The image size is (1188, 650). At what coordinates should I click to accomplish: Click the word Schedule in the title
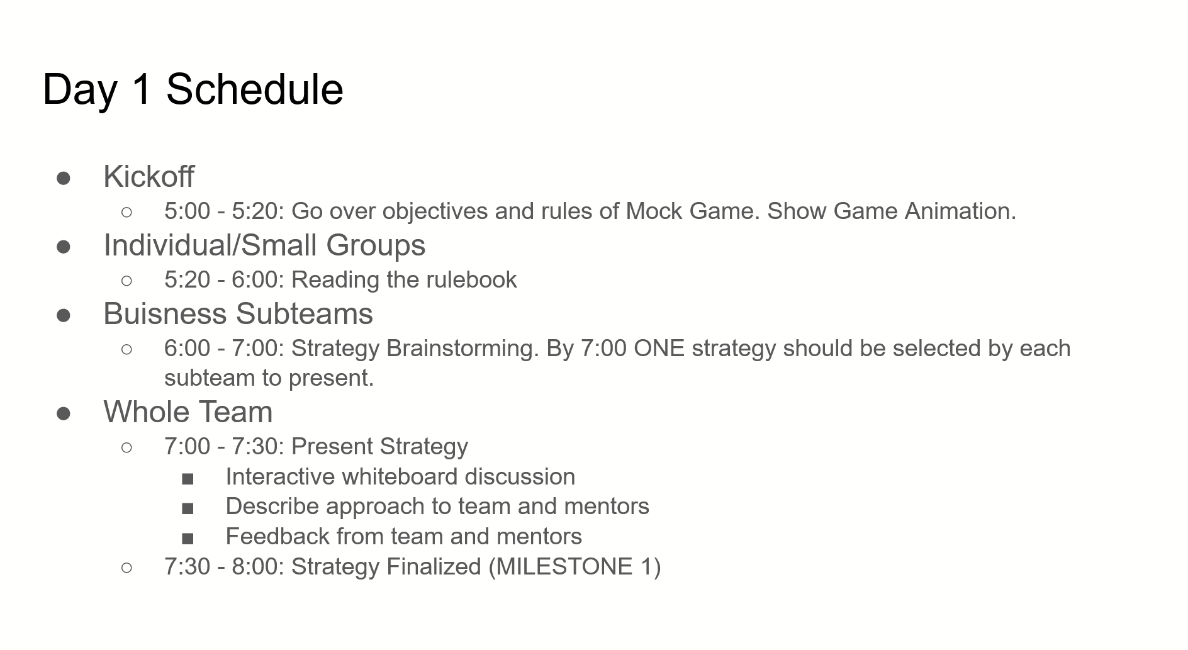click(x=255, y=89)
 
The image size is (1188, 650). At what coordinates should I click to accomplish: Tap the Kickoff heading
click(x=149, y=176)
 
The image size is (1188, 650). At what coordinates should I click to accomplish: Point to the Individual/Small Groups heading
click(x=264, y=245)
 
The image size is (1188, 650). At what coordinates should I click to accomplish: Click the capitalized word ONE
click(x=659, y=349)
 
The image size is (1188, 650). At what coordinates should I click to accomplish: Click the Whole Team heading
click(x=188, y=412)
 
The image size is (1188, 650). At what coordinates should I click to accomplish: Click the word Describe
click(x=272, y=507)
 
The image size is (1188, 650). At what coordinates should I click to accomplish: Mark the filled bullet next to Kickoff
click(x=64, y=178)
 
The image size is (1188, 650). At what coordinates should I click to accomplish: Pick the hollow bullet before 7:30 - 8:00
click(x=126, y=568)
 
